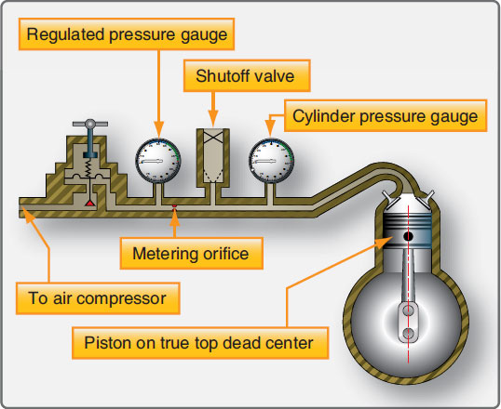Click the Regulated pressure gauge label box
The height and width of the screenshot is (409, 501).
pos(127,34)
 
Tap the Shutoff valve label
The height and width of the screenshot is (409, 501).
pos(247,76)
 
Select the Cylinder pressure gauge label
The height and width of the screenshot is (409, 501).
pos(386,116)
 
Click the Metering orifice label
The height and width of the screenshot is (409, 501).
pos(192,254)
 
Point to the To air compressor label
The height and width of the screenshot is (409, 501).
pos(98,298)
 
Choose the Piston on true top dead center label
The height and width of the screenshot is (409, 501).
pos(200,343)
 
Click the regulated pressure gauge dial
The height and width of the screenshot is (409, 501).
pos(158,161)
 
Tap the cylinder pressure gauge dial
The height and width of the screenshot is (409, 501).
pos(271,161)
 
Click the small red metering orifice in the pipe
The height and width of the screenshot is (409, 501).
pos(174,206)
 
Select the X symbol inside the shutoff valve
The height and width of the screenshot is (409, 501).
pos(213,138)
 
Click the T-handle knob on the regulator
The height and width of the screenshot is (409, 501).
pos(90,124)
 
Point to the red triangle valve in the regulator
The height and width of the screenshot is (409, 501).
pos(90,204)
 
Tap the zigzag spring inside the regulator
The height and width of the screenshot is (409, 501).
pos(88,167)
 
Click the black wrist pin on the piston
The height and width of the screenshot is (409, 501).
pos(408,236)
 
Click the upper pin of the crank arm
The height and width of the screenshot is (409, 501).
pos(408,310)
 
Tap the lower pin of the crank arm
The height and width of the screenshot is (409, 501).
pos(408,334)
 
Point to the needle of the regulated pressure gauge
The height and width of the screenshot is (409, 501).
pos(154,162)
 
